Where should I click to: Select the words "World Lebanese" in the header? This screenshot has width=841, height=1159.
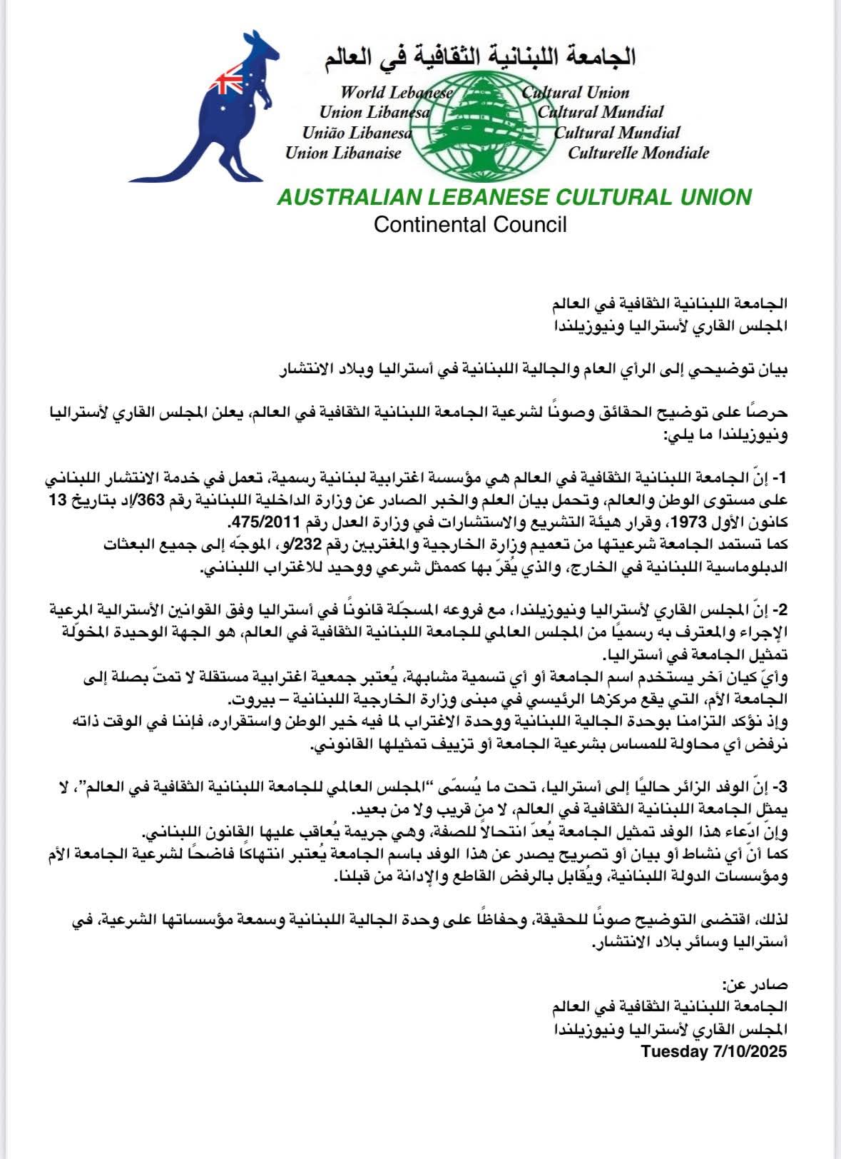[x=397, y=92]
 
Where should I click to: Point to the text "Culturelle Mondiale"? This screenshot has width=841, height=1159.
[x=638, y=152]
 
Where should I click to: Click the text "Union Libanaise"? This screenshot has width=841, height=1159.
[x=343, y=152]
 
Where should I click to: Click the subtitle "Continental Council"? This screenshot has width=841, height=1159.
[x=470, y=225]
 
